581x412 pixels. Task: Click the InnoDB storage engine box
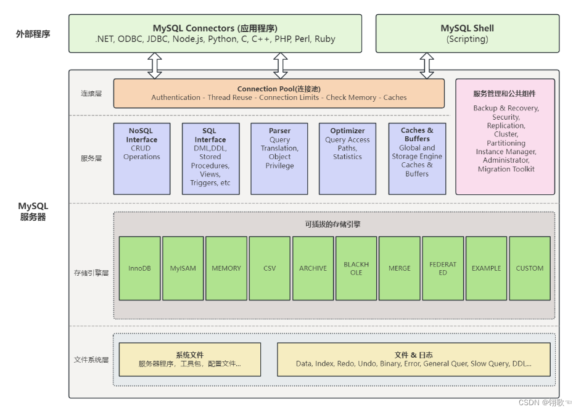coord(139,268)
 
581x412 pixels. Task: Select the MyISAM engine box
coord(183,268)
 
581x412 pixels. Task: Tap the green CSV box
coord(270,268)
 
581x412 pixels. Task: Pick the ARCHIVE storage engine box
coord(313,268)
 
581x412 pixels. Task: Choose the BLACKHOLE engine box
coord(356,268)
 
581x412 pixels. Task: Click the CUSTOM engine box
coord(529,268)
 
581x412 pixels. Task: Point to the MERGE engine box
coord(400,268)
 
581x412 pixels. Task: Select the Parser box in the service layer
coord(279,159)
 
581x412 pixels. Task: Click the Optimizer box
coord(348,159)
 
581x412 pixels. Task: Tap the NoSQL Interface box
coord(142,159)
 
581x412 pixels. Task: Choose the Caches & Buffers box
coord(417,159)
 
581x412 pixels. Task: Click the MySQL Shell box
coord(467,33)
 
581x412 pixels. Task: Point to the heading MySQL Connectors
coord(215,28)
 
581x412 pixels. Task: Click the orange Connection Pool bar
coord(279,93)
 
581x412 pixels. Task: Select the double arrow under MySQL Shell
coord(427,65)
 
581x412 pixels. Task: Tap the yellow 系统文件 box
coord(189,360)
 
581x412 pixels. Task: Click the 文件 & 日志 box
coord(413,360)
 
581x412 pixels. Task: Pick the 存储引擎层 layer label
coord(91,273)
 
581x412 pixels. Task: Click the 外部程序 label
coord(33,34)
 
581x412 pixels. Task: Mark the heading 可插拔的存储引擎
coord(332,225)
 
